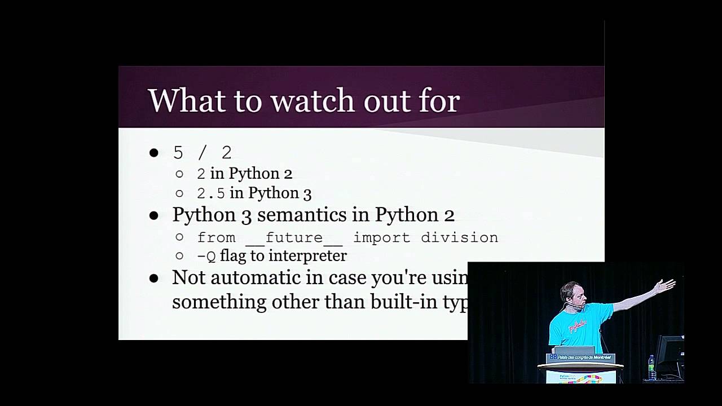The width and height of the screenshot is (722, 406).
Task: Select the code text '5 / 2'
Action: pyautogui.click(x=202, y=152)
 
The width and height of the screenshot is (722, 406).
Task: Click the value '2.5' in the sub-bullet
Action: pyautogui.click(x=210, y=193)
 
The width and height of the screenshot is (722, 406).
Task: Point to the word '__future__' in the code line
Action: pyautogui.click(x=294, y=238)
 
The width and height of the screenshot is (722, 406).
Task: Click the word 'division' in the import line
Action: pyautogui.click(x=459, y=237)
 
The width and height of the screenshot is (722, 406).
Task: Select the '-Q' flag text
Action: pyautogui.click(x=206, y=257)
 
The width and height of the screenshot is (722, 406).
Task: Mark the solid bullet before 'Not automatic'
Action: pyautogui.click(x=154, y=278)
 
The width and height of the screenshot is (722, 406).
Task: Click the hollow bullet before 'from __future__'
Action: pyautogui.click(x=179, y=237)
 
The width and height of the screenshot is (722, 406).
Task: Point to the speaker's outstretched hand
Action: pyautogui.click(x=666, y=285)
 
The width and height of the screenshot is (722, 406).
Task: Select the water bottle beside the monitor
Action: pyautogui.click(x=652, y=367)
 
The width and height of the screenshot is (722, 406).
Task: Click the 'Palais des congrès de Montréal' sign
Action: pyautogui.click(x=580, y=358)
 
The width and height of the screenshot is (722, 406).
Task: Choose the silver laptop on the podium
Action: pyautogui.click(x=574, y=350)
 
